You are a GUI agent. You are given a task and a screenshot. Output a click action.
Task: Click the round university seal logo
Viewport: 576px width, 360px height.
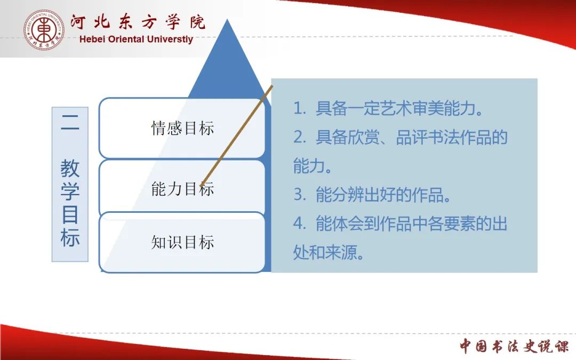pos(44,30)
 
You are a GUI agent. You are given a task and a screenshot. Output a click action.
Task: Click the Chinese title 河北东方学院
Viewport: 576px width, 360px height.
pos(138,22)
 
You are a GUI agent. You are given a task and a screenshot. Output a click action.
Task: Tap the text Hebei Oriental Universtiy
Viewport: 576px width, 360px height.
pos(137,39)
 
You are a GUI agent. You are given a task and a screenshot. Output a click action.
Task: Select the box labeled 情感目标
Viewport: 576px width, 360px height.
pos(182,128)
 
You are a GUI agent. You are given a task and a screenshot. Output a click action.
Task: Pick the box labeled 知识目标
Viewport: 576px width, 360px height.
pos(182,243)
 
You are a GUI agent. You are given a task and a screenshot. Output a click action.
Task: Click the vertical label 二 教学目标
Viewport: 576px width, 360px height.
pos(70,184)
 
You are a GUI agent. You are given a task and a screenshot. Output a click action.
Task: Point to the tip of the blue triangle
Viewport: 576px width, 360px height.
pos(227,19)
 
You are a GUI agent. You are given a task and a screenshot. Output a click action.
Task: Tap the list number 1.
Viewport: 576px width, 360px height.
pos(299,108)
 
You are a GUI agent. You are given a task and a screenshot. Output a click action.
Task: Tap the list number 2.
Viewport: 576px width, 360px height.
pos(300,137)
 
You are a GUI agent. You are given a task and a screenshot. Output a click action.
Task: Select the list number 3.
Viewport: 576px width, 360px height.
pos(300,194)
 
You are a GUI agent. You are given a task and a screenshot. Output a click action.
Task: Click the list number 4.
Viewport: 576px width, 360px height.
pos(300,223)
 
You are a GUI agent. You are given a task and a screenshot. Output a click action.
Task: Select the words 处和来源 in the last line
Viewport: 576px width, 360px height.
pos(325,252)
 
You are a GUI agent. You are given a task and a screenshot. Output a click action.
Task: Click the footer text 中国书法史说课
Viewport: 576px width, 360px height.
pos(514,346)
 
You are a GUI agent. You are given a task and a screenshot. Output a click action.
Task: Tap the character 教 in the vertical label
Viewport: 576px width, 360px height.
pos(70,168)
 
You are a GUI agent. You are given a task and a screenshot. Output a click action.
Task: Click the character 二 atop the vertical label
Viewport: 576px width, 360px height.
pos(70,122)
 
